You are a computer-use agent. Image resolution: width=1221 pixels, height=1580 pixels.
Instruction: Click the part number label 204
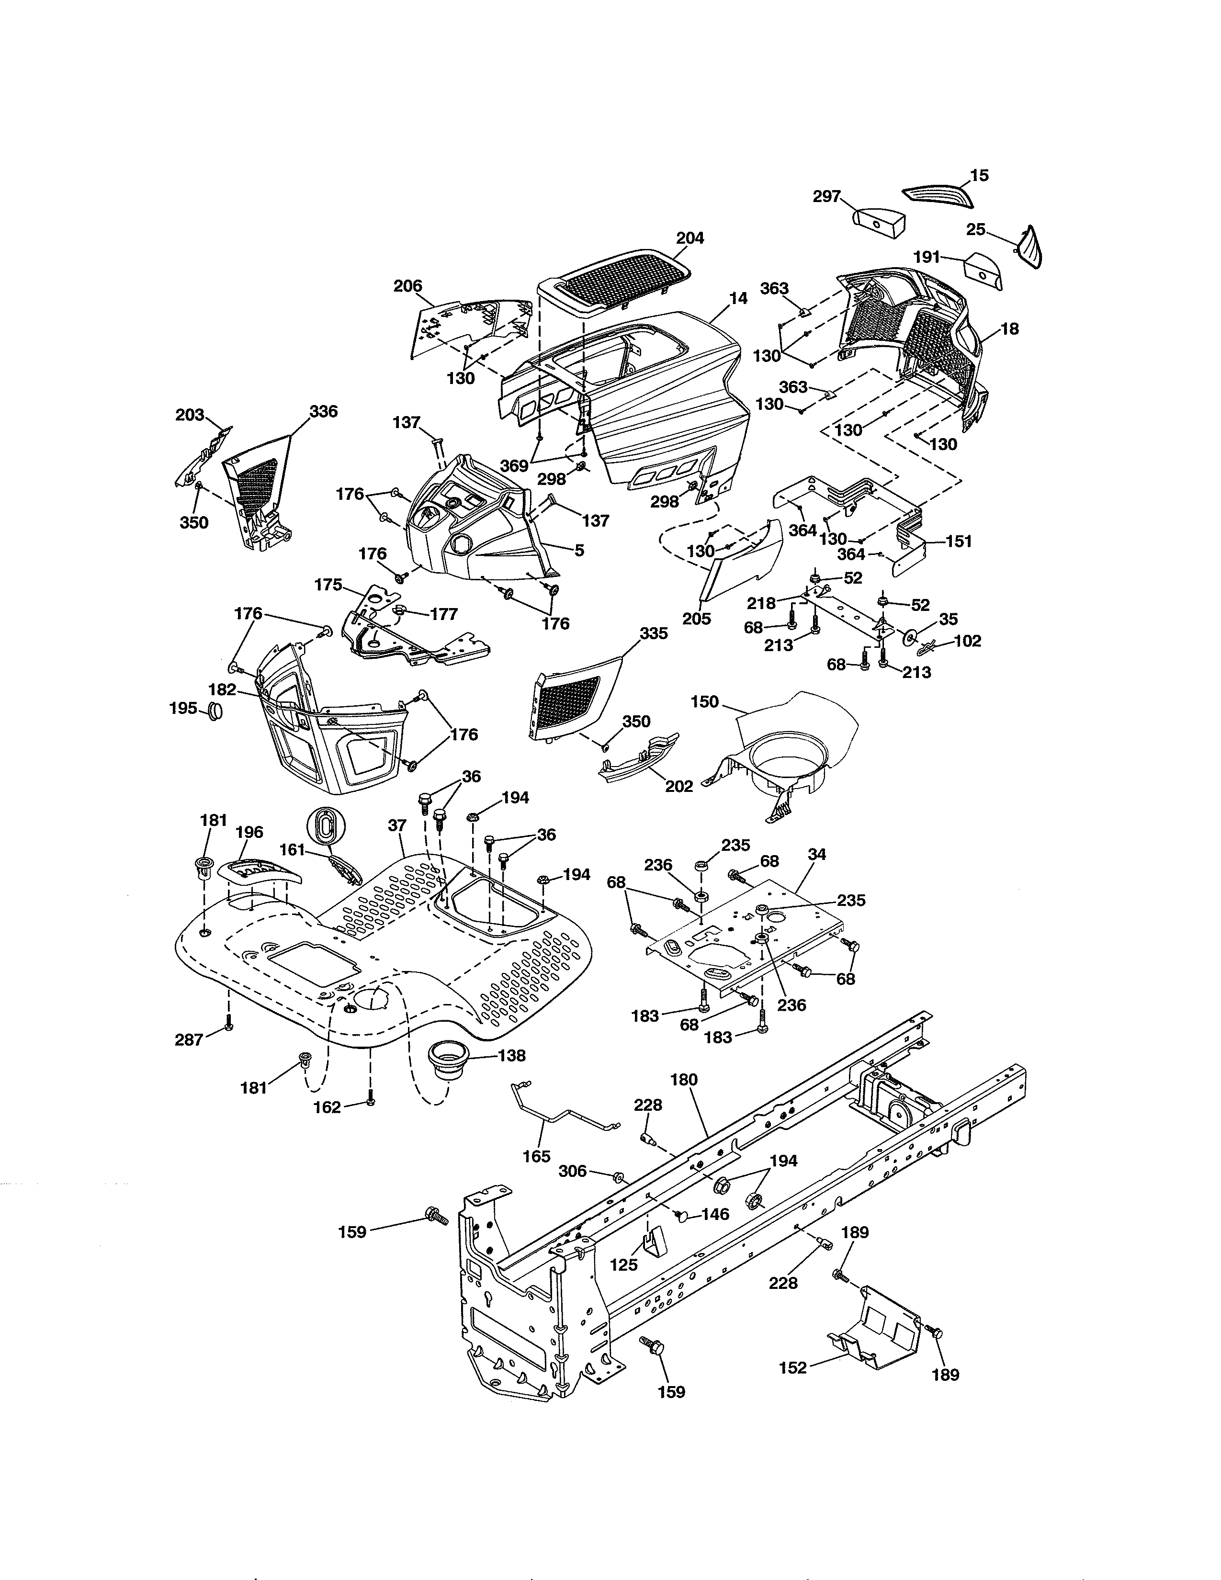tap(690, 238)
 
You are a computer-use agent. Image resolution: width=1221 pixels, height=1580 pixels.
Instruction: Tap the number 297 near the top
tap(827, 196)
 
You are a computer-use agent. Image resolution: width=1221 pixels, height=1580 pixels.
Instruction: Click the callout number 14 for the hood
tap(738, 297)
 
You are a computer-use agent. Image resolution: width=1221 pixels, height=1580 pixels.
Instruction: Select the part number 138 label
tap(511, 1056)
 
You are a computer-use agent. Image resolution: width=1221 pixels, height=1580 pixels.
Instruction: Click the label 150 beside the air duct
tap(704, 702)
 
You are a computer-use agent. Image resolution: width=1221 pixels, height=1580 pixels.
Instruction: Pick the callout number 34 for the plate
tap(817, 854)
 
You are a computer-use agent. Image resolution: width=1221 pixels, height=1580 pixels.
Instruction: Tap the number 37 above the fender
tap(397, 825)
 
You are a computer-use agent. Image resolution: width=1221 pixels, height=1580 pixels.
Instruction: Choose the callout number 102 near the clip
tap(968, 641)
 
